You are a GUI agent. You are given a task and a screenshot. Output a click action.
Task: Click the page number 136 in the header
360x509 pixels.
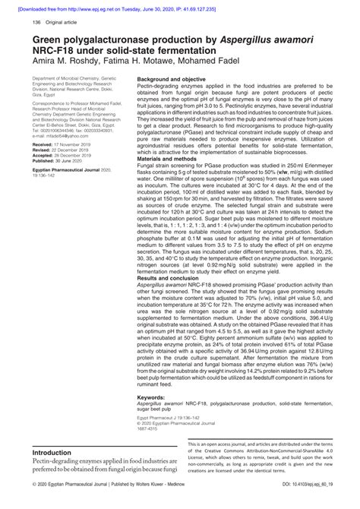pos(36,24)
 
